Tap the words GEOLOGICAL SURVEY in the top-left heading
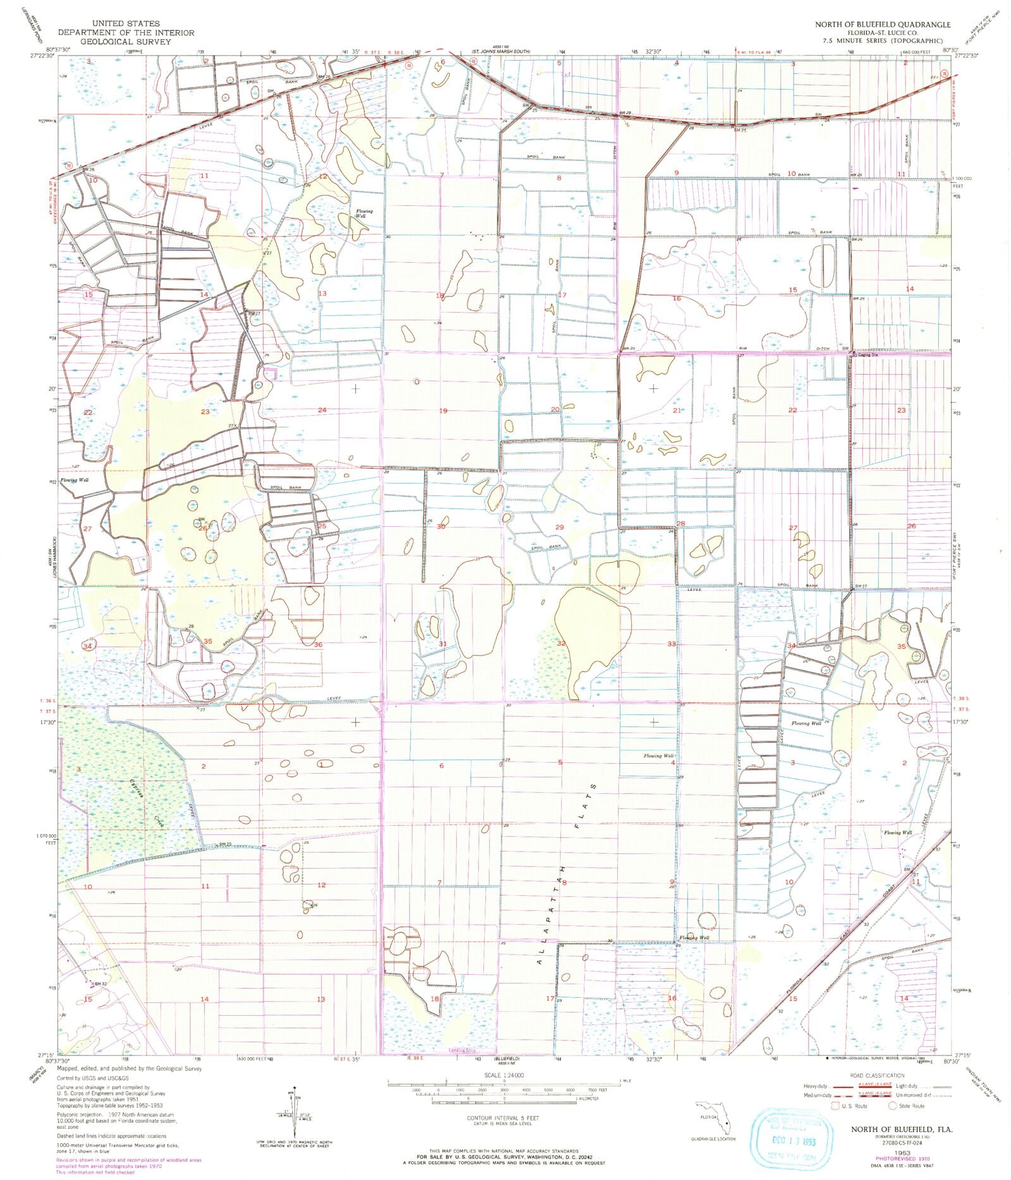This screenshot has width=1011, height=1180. coord(125,41)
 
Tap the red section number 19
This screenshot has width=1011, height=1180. coord(443,411)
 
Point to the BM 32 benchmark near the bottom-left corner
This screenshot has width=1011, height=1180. coord(98,984)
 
